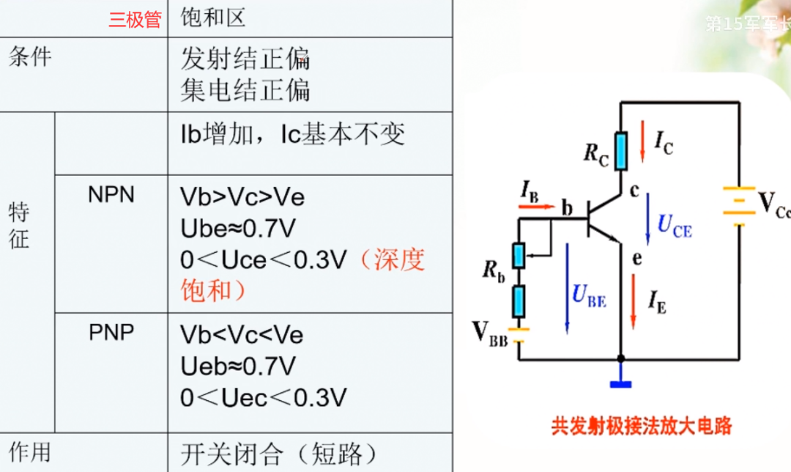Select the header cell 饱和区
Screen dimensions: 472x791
point(213,18)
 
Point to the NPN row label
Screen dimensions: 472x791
point(111,195)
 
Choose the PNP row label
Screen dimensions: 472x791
point(111,333)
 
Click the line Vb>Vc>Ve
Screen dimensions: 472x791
point(242,197)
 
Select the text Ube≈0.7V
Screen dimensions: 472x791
point(238,229)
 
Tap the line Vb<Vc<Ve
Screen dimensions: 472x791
point(242,335)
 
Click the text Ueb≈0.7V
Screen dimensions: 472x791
point(238,366)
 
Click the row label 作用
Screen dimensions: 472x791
point(30,452)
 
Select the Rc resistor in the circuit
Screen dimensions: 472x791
point(620,150)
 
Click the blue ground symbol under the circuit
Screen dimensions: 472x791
point(620,382)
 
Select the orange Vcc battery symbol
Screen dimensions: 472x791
point(738,202)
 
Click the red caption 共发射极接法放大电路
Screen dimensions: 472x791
point(642,426)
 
